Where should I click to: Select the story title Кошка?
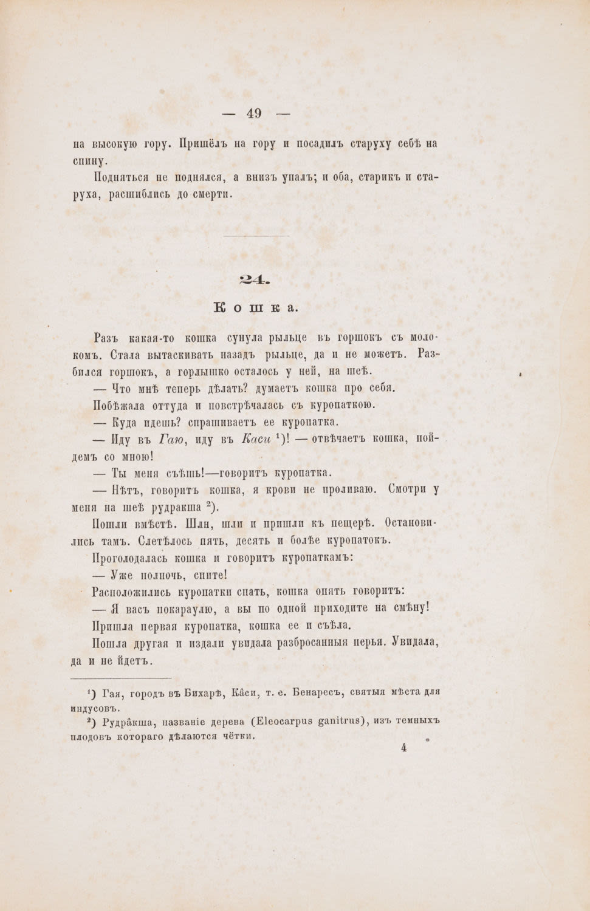coord(256,308)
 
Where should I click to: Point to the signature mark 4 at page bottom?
coord(403,748)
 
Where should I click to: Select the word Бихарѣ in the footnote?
coord(209,692)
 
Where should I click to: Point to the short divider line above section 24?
coord(256,236)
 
